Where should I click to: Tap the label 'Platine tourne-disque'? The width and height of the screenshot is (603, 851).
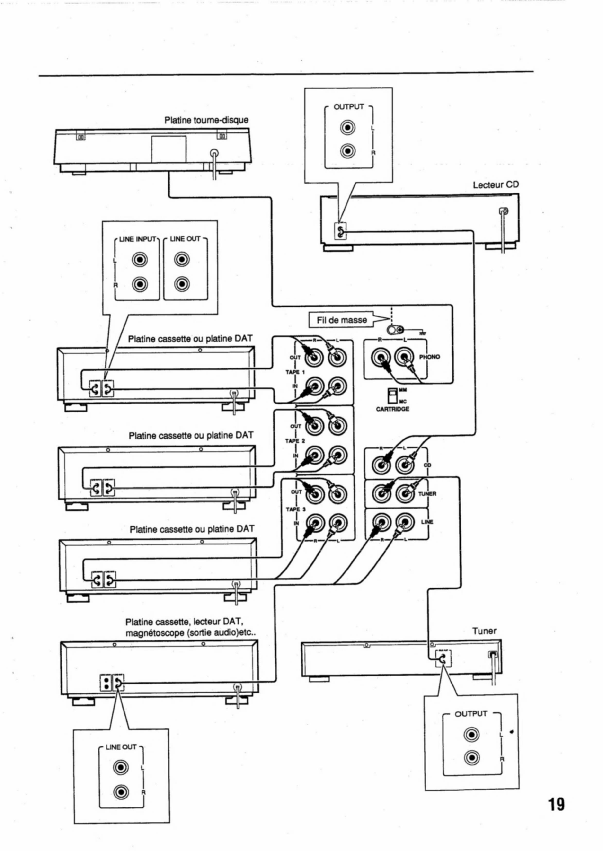point(206,120)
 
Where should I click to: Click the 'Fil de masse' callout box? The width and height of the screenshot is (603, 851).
point(342,320)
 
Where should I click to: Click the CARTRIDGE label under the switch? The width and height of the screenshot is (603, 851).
point(392,409)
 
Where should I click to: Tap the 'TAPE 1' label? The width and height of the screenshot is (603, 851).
point(295,372)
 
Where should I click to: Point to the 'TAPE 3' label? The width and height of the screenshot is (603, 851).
point(295,509)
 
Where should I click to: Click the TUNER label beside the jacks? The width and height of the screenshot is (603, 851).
point(427,494)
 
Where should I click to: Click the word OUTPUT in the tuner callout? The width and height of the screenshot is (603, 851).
point(470,714)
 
